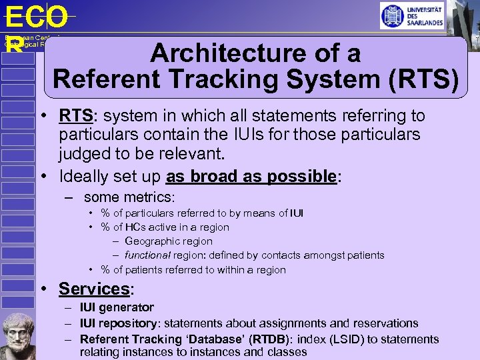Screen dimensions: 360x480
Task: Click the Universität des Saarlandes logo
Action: [411, 16]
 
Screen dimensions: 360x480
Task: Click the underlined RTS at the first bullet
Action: [75, 116]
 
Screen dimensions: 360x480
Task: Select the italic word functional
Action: [147, 255]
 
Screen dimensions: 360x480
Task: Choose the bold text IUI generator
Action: [117, 307]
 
